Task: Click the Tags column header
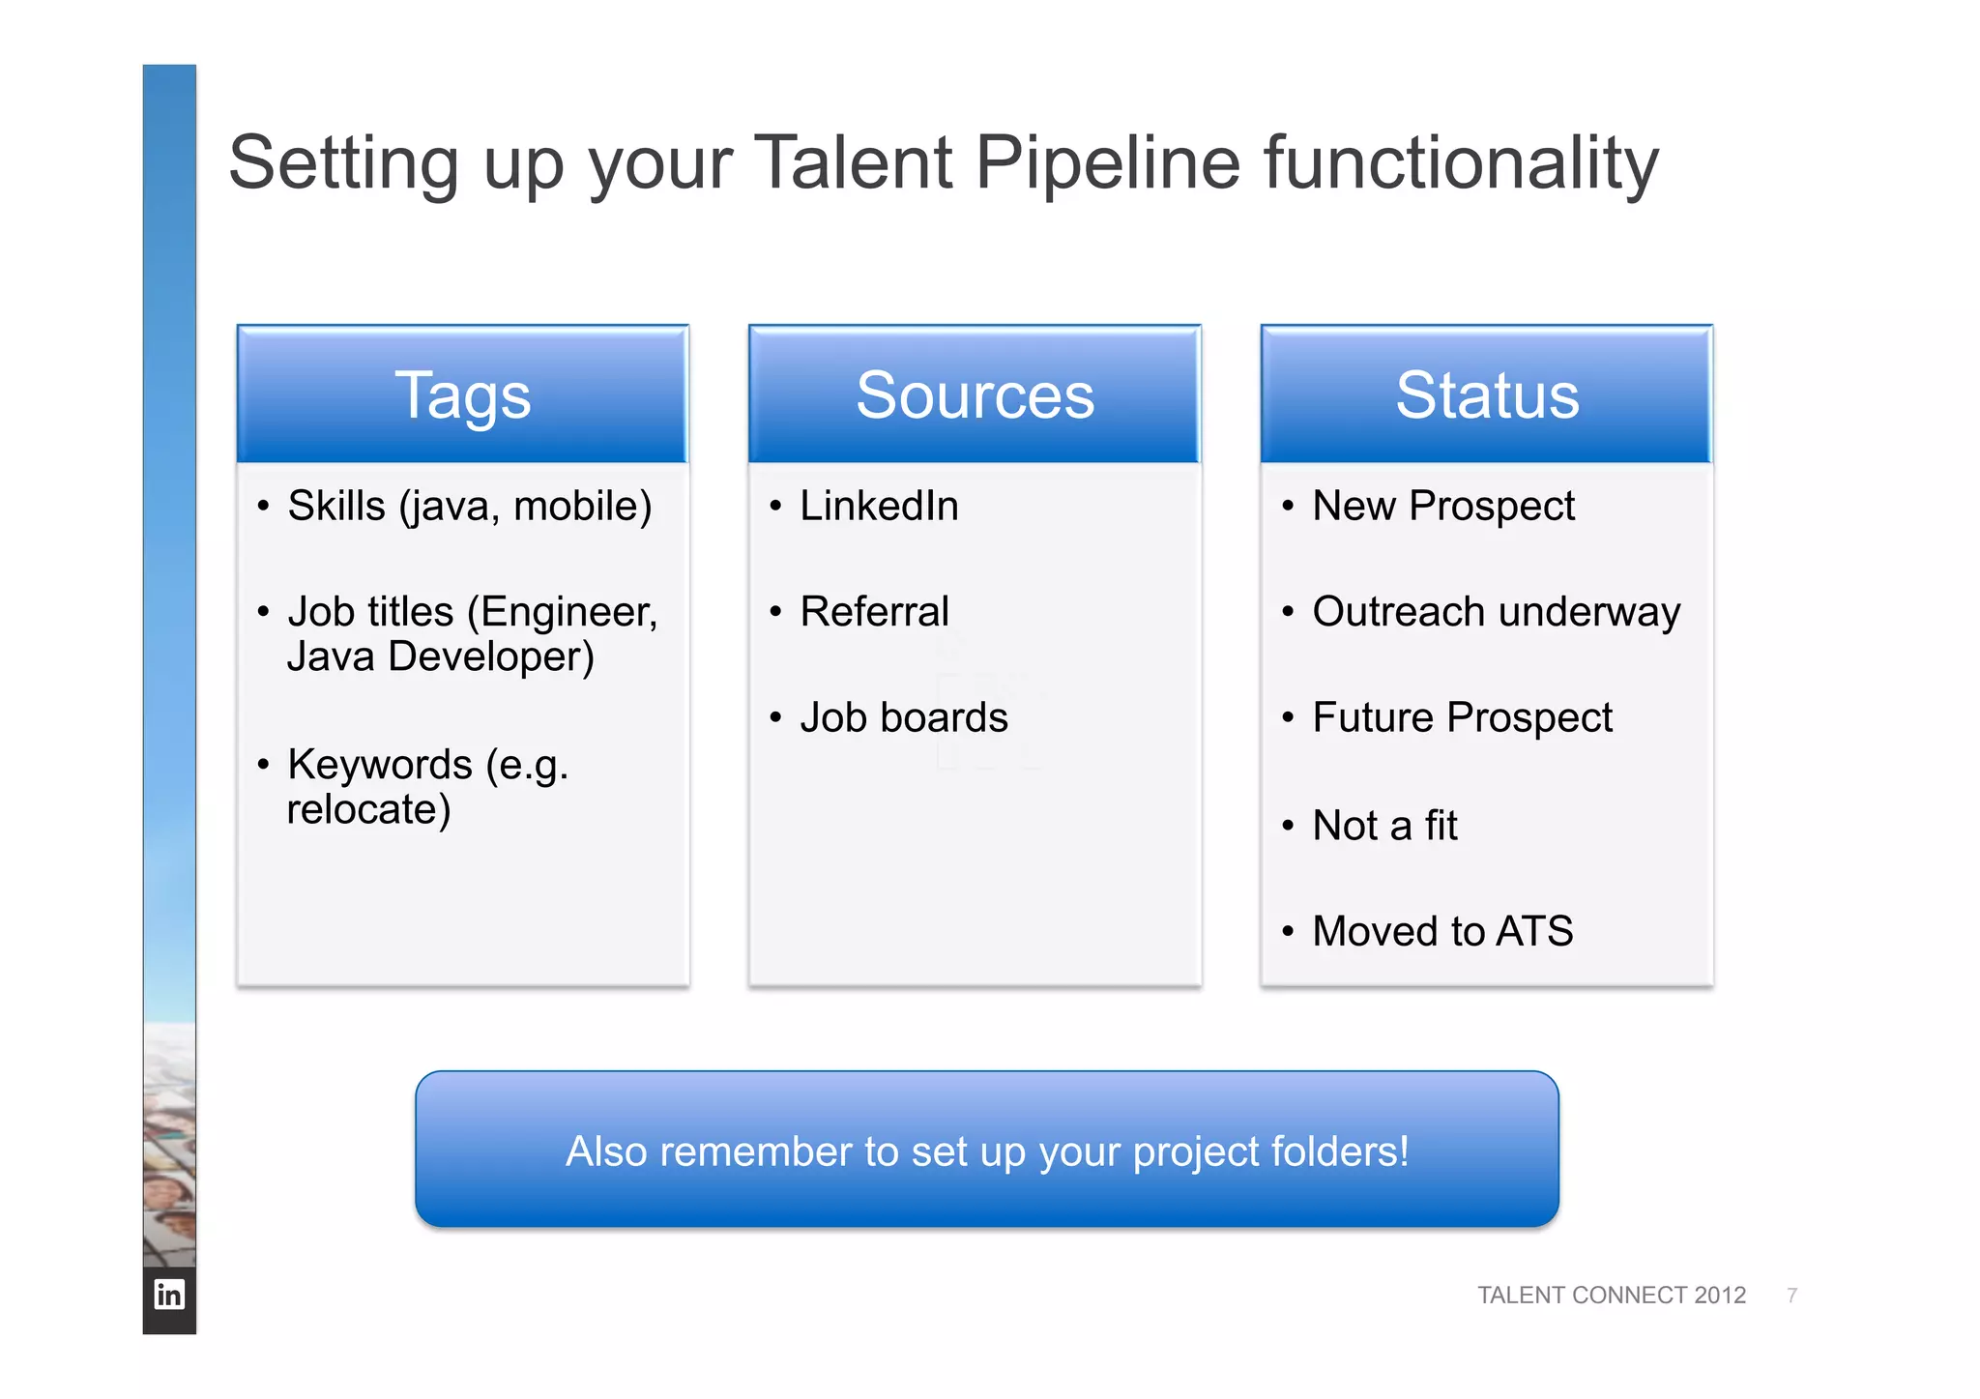coord(462,394)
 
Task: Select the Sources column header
coord(975,394)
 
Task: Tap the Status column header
coord(1487,394)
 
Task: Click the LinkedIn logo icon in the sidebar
coord(169,1294)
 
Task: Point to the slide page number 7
coord(1791,1295)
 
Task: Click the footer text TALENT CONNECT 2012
coord(1611,1295)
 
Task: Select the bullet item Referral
coord(874,611)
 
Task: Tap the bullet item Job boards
coord(903,717)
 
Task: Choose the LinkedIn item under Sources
coord(879,506)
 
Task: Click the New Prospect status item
coord(1442,506)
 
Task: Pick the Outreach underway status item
coord(1496,611)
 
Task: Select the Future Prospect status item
coord(1462,717)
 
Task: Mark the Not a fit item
coord(1384,826)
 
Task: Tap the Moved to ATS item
coord(1441,931)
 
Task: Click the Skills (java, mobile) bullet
coord(469,506)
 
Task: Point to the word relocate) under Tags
coord(368,809)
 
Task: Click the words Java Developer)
coord(440,656)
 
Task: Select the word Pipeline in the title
coord(1107,162)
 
